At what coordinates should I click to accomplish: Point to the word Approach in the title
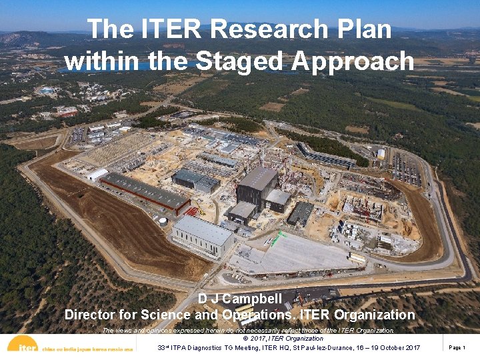point(353,61)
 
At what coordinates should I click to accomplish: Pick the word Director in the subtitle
point(92,315)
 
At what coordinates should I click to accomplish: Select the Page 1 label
point(457,347)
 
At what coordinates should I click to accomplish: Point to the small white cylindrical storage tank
point(163,221)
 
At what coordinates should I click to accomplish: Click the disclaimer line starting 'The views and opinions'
point(248,330)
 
